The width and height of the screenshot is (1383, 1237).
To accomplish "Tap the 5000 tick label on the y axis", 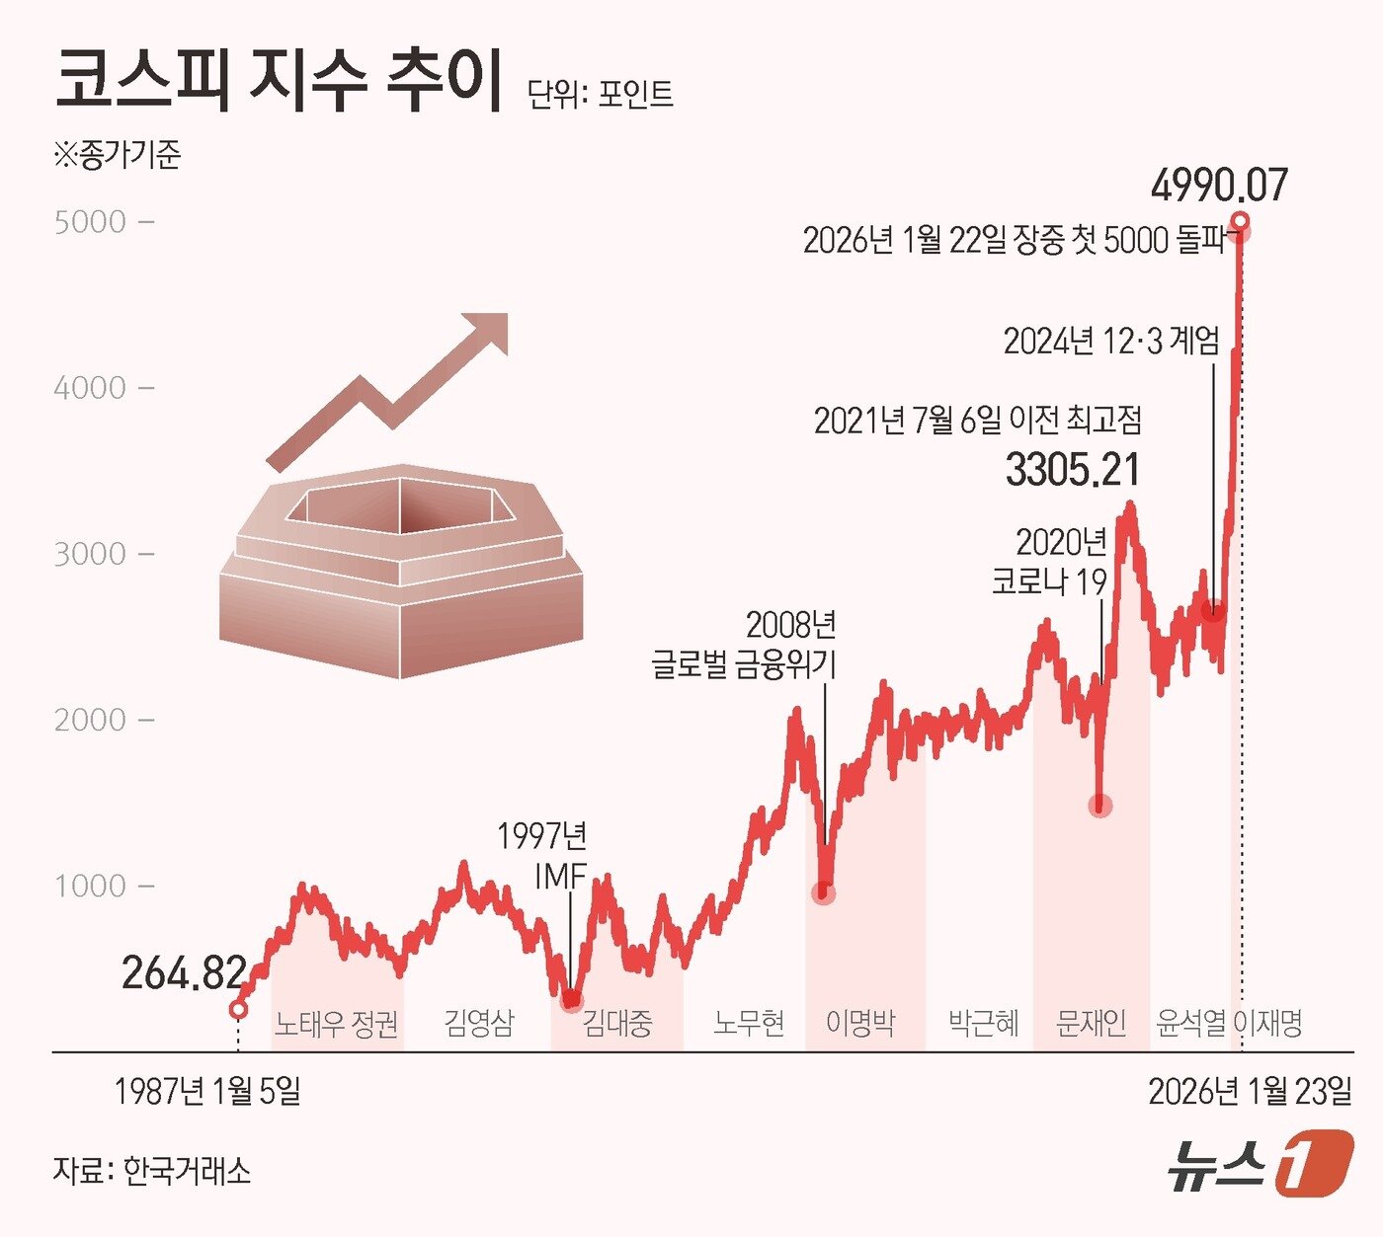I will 90,222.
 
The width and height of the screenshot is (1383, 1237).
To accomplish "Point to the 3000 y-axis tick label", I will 90,554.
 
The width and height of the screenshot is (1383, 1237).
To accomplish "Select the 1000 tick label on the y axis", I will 90,886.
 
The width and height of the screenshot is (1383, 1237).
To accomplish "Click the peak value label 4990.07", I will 1219,186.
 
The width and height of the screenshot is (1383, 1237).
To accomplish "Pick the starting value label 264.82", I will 183,973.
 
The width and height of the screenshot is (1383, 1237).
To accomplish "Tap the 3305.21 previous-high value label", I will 1072,470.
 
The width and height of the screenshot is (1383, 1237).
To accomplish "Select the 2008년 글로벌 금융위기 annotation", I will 744,644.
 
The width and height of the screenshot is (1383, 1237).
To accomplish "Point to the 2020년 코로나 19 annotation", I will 1050,561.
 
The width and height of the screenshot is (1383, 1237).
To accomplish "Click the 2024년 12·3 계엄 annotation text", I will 1111,341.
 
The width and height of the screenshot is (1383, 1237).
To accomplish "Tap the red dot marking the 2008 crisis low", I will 823,892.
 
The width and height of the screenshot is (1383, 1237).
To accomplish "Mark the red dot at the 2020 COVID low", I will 1100,806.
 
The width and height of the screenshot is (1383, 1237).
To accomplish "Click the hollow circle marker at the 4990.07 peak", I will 1240,220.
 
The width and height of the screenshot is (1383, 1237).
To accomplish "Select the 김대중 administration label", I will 616,1023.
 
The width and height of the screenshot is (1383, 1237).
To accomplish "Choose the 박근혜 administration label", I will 983,1023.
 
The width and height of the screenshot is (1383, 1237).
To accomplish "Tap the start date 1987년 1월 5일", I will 207,1091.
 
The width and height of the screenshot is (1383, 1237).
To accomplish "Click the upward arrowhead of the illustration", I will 486,333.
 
